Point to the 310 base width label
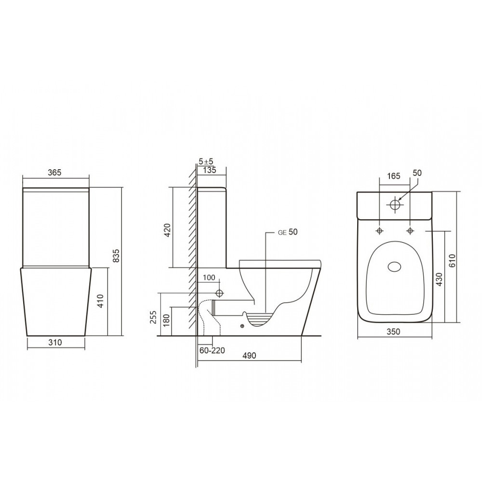click(x=55, y=343)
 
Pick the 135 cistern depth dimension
click(x=209, y=170)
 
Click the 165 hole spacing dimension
click(x=394, y=176)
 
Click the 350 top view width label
click(x=394, y=332)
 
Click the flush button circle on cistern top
click(x=396, y=204)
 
